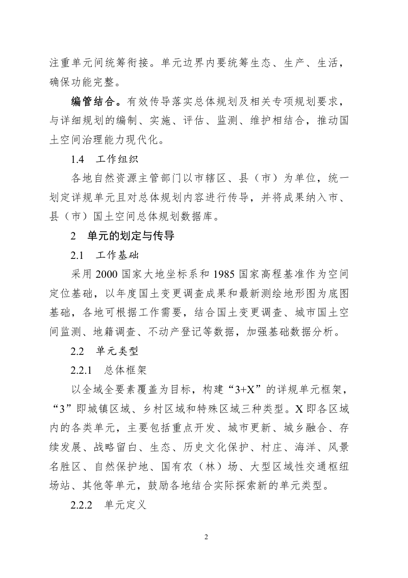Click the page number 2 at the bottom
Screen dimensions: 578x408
point(206,537)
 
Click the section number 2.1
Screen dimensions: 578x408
point(78,254)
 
